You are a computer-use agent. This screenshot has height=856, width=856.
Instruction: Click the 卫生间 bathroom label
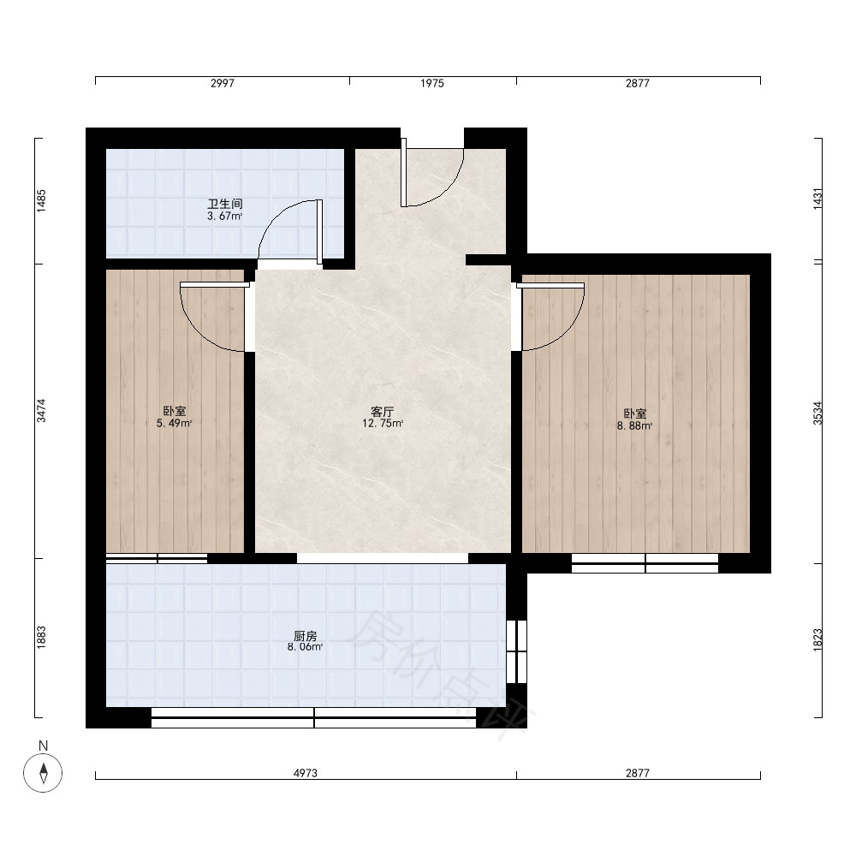coord(225,205)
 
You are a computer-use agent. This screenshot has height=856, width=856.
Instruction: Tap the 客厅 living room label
coord(382,412)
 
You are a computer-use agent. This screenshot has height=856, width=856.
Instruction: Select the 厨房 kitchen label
coord(306,636)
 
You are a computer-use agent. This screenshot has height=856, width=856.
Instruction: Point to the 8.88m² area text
coord(635,425)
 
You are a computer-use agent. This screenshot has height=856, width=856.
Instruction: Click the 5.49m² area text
coord(174,423)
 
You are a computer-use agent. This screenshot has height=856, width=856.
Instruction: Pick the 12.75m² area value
coord(383,423)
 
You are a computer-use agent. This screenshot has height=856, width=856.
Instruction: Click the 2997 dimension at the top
coord(223,83)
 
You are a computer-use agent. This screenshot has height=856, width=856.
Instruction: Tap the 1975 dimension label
coord(431,83)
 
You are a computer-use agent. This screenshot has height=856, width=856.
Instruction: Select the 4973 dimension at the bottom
coord(306,773)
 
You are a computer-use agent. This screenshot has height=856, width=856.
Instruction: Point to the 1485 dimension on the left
coord(41,200)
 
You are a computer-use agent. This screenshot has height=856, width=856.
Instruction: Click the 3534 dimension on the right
coord(817,413)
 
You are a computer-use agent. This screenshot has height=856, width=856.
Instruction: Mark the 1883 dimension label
coord(41,638)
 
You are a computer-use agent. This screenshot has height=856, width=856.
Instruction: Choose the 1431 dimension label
coord(817,199)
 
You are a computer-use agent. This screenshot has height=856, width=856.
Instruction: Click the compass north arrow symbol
coord(43,772)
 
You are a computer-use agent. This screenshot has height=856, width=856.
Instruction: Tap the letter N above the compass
coord(43,746)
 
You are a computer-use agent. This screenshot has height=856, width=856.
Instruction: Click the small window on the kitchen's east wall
coord(516,651)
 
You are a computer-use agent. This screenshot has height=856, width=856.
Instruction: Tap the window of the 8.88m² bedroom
coord(645,563)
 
